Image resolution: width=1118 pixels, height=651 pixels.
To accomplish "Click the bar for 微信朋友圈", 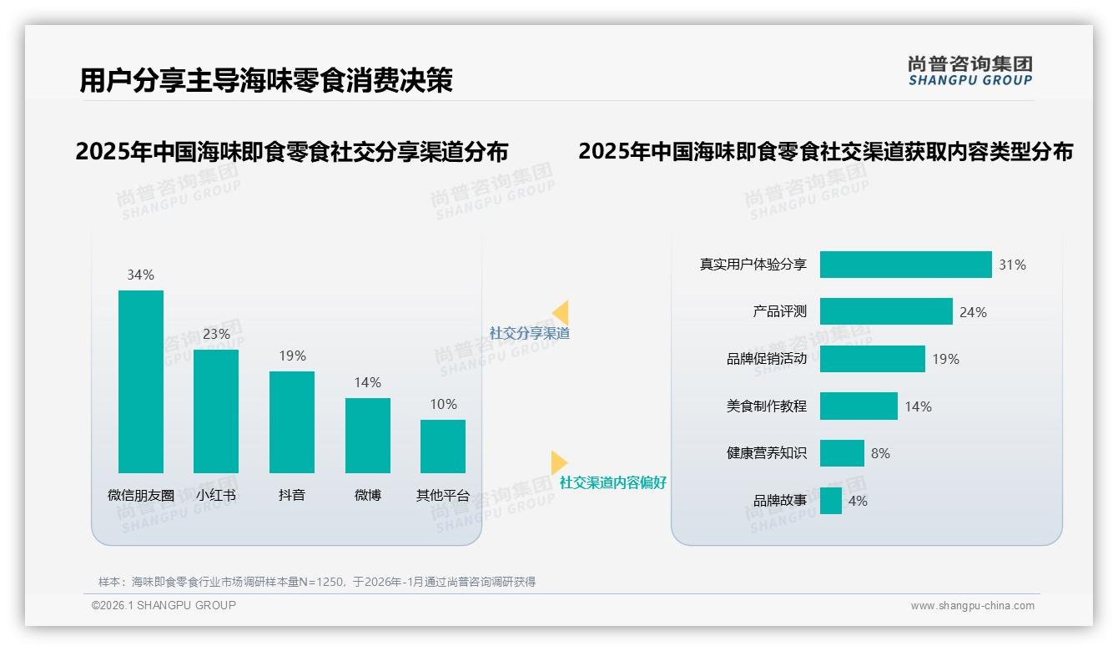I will (x=141, y=381).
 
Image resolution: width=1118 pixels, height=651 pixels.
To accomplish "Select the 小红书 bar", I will (x=216, y=411).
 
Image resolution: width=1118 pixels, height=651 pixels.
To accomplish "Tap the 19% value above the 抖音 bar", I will (x=292, y=356).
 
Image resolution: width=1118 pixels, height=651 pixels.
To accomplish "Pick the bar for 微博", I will (x=368, y=435).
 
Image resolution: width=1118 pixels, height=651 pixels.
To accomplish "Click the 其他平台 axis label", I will (x=443, y=495).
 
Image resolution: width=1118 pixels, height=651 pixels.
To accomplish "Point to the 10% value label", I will (x=443, y=404).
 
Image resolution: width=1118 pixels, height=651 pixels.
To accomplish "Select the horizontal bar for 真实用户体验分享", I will (x=905, y=265).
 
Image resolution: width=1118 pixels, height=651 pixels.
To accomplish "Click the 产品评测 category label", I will (x=779, y=311).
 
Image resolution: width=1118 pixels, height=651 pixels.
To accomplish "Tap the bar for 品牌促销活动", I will (x=872, y=359).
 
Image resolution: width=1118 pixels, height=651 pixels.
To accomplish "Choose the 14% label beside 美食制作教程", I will (x=918, y=406).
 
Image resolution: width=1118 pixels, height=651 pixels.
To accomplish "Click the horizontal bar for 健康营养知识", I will (x=842, y=453).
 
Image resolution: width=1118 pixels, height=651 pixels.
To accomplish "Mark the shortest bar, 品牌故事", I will (x=831, y=501).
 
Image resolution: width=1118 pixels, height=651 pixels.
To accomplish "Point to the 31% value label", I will (x=1012, y=265).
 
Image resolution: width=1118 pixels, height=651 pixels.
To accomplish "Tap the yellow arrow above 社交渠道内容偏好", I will (x=558, y=462).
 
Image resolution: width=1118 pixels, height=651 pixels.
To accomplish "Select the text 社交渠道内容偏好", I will (x=613, y=482).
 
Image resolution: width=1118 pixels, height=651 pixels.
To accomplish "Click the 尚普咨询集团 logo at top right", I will (x=969, y=71).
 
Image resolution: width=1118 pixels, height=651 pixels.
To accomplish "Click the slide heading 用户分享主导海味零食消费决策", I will (x=266, y=80).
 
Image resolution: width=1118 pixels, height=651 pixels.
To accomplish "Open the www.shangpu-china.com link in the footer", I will (x=972, y=606).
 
